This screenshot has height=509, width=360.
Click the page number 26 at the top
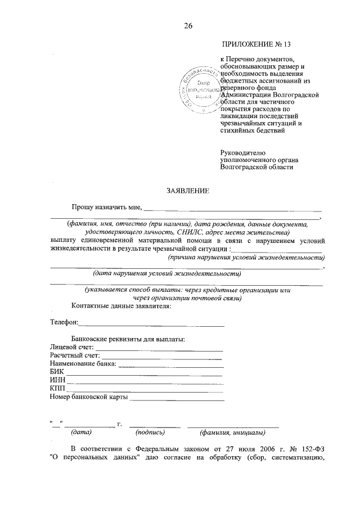click(x=187, y=25)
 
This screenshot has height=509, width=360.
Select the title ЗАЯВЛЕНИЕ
click(x=187, y=191)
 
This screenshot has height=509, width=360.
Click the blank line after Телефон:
click(x=152, y=323)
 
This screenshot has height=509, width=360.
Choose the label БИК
click(x=57, y=373)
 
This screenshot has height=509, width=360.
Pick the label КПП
click(x=57, y=389)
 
